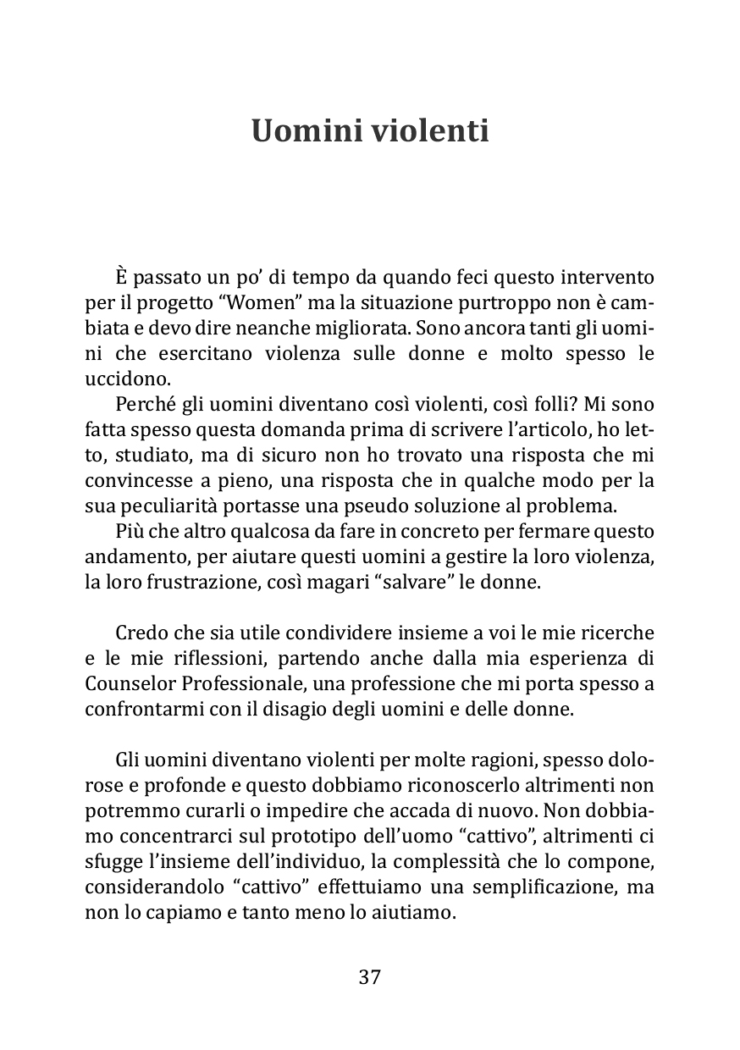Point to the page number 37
tap(370, 976)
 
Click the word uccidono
tap(124, 379)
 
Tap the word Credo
tap(140, 633)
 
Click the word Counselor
tap(130, 683)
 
